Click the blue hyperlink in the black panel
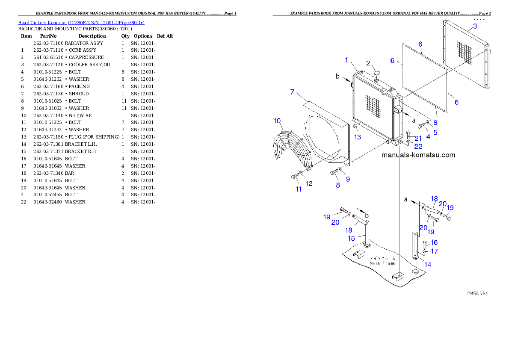pos(81,22)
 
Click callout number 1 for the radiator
pos(347,60)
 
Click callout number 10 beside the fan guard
pos(278,121)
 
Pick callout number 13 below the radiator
pos(358,137)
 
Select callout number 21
pos(418,138)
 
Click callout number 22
pos(418,146)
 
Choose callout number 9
pos(348,179)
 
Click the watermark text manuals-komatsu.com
pos(418,155)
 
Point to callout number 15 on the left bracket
pos(351,238)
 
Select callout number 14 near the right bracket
pos(427,265)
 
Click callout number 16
pos(434,242)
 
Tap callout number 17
pos(434,251)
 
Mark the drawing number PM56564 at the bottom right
pos(477,294)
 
